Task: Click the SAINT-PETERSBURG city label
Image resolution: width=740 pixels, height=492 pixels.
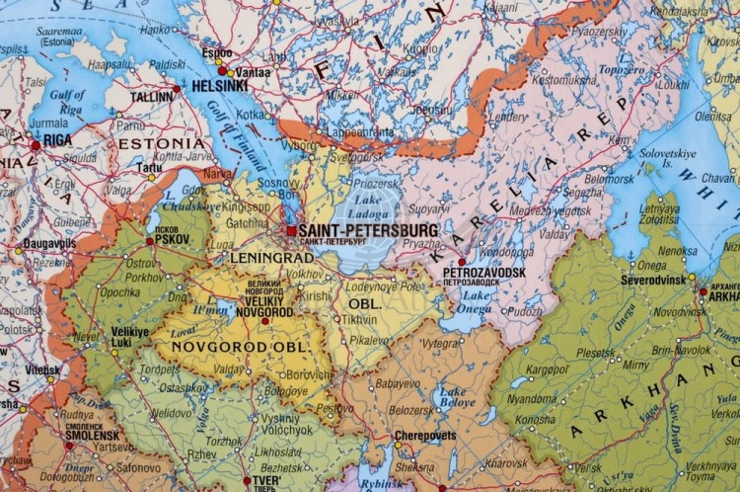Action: pos(367,229)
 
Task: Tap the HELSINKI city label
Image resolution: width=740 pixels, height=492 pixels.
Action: pos(219,86)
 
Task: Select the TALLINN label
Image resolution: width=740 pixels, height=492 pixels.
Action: pos(152,98)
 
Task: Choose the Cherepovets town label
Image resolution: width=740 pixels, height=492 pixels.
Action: pos(425,435)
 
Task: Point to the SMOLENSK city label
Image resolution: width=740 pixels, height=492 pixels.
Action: pos(93,435)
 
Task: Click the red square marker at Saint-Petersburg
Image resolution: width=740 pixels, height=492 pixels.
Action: pos(291,230)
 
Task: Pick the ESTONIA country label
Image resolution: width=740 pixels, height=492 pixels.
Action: pos(160,143)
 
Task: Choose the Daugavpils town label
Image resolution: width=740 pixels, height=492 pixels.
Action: pos(50,243)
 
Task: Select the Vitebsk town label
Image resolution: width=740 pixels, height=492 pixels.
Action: pos(42,369)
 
